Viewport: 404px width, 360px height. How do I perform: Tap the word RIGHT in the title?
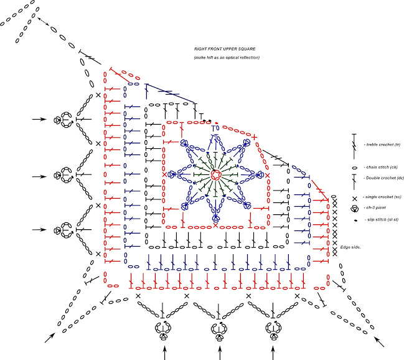(x=201, y=49)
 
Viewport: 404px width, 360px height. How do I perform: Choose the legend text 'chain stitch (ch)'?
(x=379, y=166)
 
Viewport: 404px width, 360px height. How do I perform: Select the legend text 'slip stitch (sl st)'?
(x=382, y=220)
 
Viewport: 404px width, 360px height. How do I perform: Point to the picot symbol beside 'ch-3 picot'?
(x=354, y=208)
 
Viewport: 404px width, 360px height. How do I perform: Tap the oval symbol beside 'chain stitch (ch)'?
(x=354, y=166)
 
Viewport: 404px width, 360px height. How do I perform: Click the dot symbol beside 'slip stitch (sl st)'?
(x=354, y=220)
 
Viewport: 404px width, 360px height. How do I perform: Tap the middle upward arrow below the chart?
(x=218, y=353)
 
